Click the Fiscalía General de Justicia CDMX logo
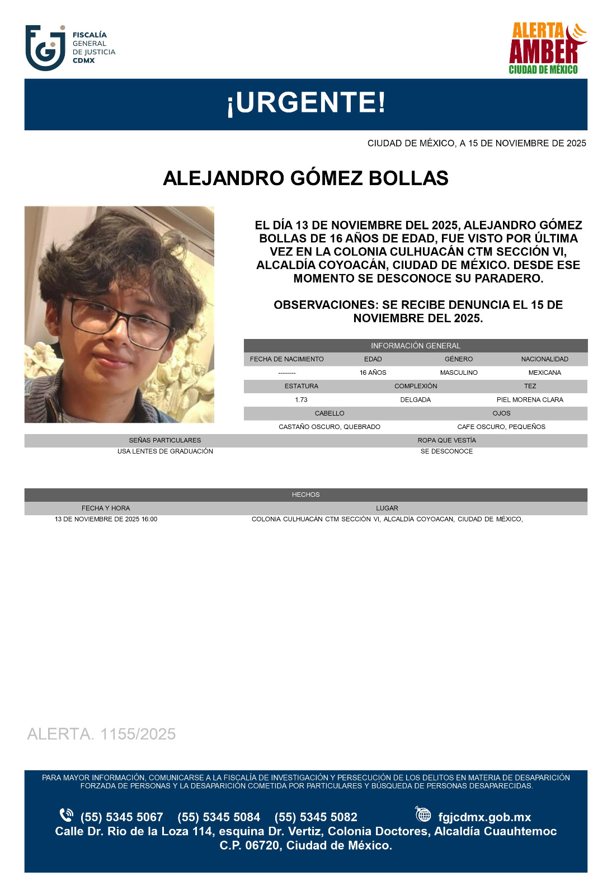pyautogui.click(x=70, y=48)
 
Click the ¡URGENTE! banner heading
pyautogui.click(x=305, y=103)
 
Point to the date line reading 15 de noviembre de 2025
pyautogui.click(x=476, y=143)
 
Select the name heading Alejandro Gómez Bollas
pyautogui.click(x=305, y=178)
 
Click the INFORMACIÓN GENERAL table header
pyautogui.click(x=415, y=346)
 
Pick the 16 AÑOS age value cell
pyautogui.click(x=373, y=373)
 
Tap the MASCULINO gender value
pyautogui.click(x=459, y=373)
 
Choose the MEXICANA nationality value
pyautogui.click(x=544, y=373)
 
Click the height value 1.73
pyautogui.click(x=301, y=400)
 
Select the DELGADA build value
pyautogui.click(x=415, y=400)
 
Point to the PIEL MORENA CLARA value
pyautogui.click(x=530, y=400)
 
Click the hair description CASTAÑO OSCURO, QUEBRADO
pyautogui.click(x=329, y=427)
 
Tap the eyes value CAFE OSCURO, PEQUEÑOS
pyautogui.click(x=501, y=427)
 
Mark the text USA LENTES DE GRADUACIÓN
pyautogui.click(x=165, y=451)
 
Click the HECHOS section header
pyautogui.click(x=305, y=494)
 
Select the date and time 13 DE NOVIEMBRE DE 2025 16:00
pyautogui.click(x=106, y=519)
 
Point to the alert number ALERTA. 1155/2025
pyautogui.click(x=101, y=734)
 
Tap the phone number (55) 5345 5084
pyautogui.click(x=219, y=817)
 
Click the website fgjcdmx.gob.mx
pyautogui.click(x=484, y=817)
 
